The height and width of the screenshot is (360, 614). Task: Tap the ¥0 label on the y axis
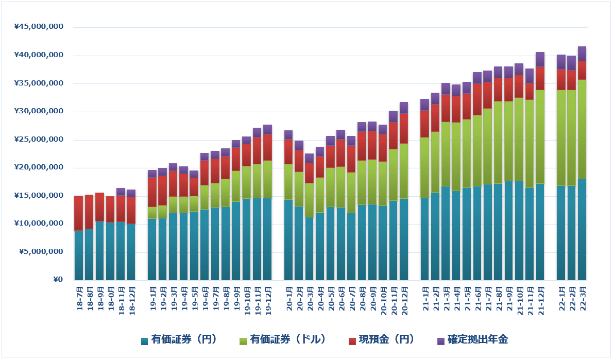coord(57,280)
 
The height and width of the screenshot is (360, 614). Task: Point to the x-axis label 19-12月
coord(268,299)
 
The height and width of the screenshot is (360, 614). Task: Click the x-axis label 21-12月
coord(540,299)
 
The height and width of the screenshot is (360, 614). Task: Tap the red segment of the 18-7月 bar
coord(79,213)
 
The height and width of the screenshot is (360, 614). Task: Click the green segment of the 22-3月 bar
coord(582,129)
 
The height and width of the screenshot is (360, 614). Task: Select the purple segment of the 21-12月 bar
coord(540,59)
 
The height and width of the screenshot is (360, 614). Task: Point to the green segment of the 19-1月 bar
coord(152,213)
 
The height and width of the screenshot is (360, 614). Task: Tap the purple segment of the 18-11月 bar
coord(121,192)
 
